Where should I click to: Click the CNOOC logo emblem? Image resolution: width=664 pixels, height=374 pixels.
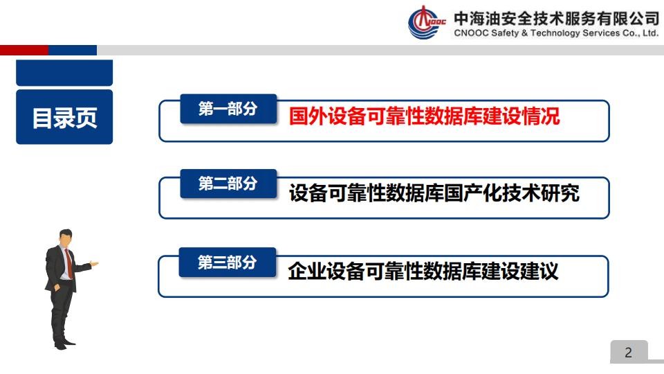(427, 22)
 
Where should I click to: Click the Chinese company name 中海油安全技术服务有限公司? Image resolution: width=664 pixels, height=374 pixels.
(556, 18)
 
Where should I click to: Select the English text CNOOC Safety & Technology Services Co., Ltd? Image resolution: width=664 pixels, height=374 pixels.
(556, 33)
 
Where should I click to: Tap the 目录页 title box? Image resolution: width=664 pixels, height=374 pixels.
(64, 117)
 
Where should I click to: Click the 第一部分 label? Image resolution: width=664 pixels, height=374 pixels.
(228, 109)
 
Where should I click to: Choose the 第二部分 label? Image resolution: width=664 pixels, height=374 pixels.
(228, 184)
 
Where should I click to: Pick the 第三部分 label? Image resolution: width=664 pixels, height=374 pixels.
(228, 262)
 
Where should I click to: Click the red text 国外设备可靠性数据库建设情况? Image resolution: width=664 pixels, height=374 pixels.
(424, 116)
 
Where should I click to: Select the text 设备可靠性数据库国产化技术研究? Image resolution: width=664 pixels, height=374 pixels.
(434, 193)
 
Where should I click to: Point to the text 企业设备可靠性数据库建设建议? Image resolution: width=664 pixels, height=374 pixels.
(423, 271)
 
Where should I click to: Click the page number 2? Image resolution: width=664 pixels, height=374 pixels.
(629, 353)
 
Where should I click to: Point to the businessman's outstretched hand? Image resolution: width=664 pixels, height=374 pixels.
(94, 264)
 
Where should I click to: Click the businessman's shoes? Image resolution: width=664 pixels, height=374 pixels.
(64, 343)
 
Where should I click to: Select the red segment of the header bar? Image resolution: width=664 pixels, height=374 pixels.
(24, 50)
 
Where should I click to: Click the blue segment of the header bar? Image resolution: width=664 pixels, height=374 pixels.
(73, 50)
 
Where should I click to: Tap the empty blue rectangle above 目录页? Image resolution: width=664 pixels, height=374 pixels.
(64, 73)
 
